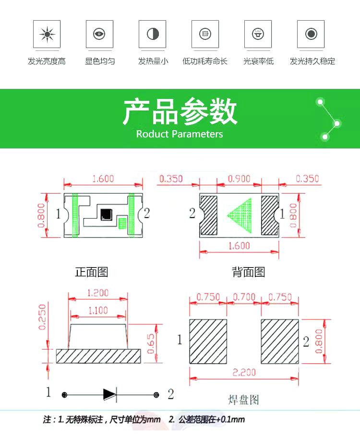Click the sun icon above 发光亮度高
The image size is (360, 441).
(47, 34)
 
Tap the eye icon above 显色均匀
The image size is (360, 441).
(99, 34)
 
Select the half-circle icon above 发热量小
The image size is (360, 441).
(153, 34)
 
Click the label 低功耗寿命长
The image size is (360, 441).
(205, 61)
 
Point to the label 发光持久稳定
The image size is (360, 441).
(312, 61)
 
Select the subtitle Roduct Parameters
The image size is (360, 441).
(180, 134)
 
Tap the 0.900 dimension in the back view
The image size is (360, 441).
(239, 179)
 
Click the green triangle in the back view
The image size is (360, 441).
(240, 215)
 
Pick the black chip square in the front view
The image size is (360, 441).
(106, 214)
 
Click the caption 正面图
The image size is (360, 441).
(92, 272)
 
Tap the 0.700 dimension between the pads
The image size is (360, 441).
(244, 297)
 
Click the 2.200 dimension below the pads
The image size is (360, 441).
(244, 372)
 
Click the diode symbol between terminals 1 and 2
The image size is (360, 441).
(109, 394)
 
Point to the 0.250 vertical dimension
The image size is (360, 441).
(43, 317)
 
